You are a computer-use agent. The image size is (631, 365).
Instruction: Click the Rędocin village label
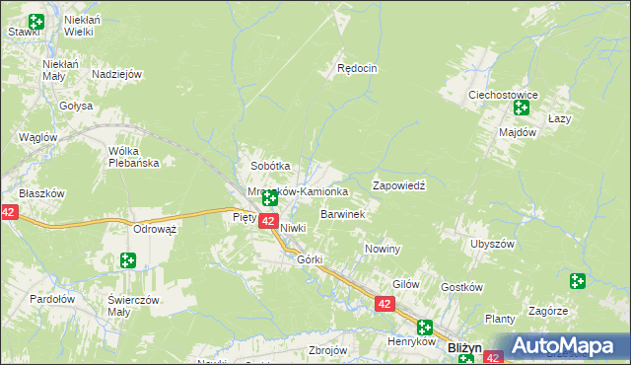[x=357, y=69]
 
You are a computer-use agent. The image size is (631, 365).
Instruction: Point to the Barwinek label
[x=343, y=213]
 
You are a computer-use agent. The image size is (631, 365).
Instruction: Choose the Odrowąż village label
[x=154, y=229]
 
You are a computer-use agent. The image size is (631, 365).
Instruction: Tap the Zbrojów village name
[x=328, y=350]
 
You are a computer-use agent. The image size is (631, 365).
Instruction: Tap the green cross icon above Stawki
[x=36, y=22]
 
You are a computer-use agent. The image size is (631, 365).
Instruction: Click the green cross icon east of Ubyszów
[x=578, y=282]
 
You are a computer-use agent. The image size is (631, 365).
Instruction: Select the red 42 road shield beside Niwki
[x=267, y=222]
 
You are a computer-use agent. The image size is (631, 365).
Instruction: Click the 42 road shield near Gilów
[x=385, y=307]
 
